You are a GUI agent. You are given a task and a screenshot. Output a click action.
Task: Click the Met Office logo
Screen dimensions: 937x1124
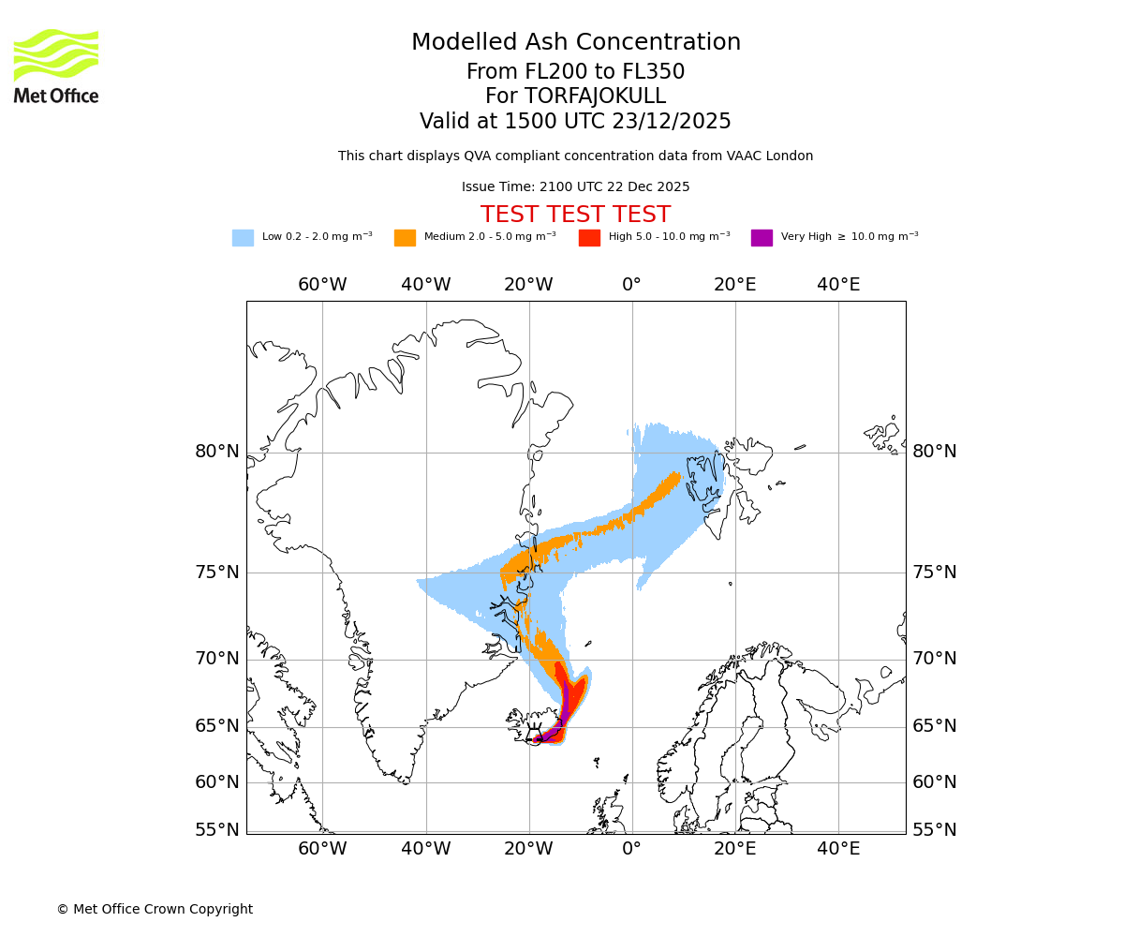[56, 66]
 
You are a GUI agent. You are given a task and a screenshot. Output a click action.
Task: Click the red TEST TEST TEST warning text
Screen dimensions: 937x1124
[575, 215]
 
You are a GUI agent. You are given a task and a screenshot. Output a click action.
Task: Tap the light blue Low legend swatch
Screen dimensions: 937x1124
[243, 238]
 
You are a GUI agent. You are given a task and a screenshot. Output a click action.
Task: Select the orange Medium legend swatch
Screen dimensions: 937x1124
[405, 238]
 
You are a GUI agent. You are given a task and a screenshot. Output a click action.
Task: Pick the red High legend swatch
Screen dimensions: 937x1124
[589, 238]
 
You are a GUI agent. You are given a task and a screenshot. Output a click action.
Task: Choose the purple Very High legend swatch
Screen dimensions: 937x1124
[762, 238]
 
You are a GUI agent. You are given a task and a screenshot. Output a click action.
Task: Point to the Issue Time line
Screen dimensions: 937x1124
[575, 186]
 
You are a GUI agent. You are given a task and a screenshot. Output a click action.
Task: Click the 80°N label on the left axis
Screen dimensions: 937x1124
[217, 452]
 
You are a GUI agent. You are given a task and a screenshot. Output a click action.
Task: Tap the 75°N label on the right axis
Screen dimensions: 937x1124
[935, 573]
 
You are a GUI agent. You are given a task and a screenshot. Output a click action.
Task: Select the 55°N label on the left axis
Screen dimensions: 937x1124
[217, 829]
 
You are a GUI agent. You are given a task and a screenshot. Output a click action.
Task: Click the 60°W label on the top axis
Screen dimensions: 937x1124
[322, 284]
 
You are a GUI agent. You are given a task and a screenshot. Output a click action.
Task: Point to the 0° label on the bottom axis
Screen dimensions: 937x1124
[631, 849]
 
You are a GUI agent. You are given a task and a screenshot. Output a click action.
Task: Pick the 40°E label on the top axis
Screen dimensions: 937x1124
[838, 284]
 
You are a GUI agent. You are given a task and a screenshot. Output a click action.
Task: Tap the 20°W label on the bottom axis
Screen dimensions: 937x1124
[528, 849]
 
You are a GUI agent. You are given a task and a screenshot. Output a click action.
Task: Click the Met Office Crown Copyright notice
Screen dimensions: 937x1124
[155, 909]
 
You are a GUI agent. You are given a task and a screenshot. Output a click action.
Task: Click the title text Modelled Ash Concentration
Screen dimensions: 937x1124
[575, 42]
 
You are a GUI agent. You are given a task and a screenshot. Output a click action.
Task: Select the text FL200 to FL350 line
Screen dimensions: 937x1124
[575, 72]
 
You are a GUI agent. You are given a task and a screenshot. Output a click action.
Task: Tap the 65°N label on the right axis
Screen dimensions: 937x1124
[935, 726]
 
